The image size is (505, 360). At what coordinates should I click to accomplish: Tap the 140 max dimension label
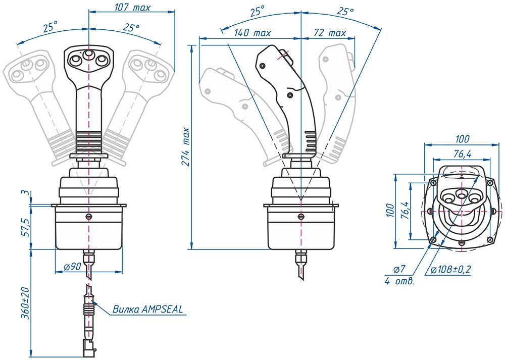coord(252,33)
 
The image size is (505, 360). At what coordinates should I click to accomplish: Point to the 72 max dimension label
coord(330,33)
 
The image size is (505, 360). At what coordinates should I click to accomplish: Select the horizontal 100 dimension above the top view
coord(462,139)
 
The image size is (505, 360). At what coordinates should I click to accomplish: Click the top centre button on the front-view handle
coord(88,54)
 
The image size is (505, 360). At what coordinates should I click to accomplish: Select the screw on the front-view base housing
coord(88,217)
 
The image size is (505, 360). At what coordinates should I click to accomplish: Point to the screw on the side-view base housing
coord(300,217)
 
